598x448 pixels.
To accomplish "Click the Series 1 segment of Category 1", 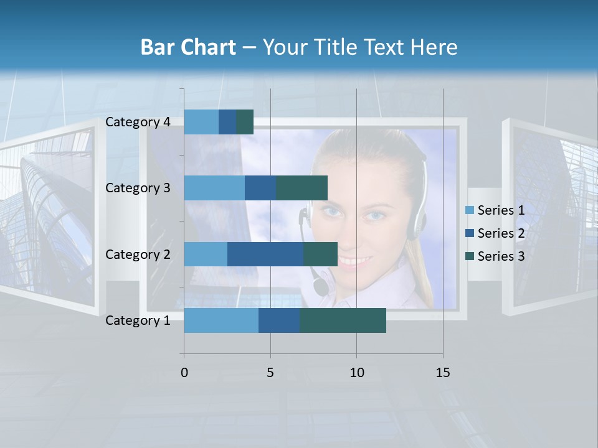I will click(221, 320).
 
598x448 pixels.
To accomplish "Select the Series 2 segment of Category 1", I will click(278, 320).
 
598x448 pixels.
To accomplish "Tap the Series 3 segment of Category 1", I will click(343, 320).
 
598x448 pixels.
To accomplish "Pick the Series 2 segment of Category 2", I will click(265, 254).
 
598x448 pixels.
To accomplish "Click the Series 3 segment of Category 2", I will click(320, 254).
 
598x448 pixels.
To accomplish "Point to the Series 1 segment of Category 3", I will click(214, 188).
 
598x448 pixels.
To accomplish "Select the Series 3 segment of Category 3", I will click(301, 188).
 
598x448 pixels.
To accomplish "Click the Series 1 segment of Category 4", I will click(201, 122).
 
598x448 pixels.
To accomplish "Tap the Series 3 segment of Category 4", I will click(245, 122).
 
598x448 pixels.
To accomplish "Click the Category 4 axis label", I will click(138, 122).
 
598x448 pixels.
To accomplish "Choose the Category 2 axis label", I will click(138, 254).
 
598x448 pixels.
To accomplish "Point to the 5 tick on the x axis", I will click(270, 373).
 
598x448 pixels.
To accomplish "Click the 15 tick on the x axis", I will click(442, 373).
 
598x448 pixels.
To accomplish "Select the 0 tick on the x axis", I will click(184, 373).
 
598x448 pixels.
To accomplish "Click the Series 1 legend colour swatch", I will click(469, 210).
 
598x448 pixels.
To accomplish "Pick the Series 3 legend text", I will click(501, 256).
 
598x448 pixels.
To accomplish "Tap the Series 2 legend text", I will click(501, 233).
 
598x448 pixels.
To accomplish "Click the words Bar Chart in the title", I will click(188, 47).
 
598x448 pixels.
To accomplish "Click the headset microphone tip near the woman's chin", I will click(320, 287).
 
